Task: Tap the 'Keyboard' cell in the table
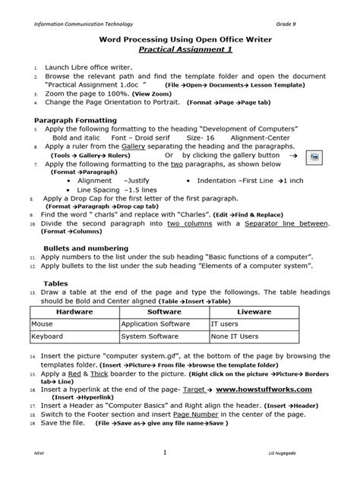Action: coord(47,336)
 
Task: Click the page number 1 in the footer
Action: coord(165,453)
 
